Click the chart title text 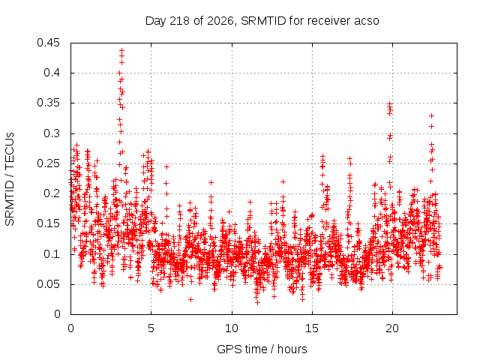pyautogui.click(x=262, y=21)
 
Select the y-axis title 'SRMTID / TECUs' pyautogui.click(x=10, y=179)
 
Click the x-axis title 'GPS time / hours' pyautogui.click(x=262, y=349)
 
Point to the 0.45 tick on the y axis pyautogui.click(x=48, y=43)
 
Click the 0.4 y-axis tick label pyautogui.click(x=52, y=73)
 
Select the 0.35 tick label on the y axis pyautogui.click(x=48, y=103)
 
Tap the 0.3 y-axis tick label pyautogui.click(x=52, y=133)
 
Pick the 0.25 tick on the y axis pyautogui.click(x=48, y=163)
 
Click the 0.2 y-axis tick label pyautogui.click(x=52, y=193)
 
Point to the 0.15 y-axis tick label pyautogui.click(x=48, y=223)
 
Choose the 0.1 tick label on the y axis pyautogui.click(x=52, y=254)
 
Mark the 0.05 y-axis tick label pyautogui.click(x=48, y=284)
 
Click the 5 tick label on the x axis pyautogui.click(x=151, y=328)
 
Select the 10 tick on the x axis pyautogui.click(x=232, y=328)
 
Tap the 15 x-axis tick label pyautogui.click(x=312, y=328)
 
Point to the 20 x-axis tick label pyautogui.click(x=393, y=328)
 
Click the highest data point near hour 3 pyautogui.click(x=121, y=50)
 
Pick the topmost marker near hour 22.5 pyautogui.click(x=432, y=116)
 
